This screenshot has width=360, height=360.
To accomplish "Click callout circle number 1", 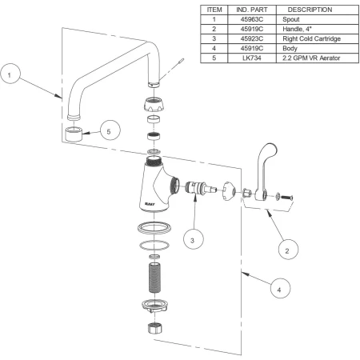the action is (x=10, y=74).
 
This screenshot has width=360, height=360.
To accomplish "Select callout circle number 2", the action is (x=288, y=250).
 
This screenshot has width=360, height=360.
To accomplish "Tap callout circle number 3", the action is (x=194, y=239).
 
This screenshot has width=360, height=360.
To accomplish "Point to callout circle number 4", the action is (x=280, y=289).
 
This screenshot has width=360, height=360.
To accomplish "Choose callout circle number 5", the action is (x=110, y=130).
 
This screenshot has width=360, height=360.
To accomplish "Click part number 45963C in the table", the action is (x=252, y=19).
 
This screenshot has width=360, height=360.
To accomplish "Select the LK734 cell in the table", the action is (x=252, y=58).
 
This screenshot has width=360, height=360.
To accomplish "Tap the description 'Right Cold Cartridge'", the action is (x=311, y=38).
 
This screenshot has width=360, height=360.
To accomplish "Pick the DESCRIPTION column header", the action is (x=310, y=10).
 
